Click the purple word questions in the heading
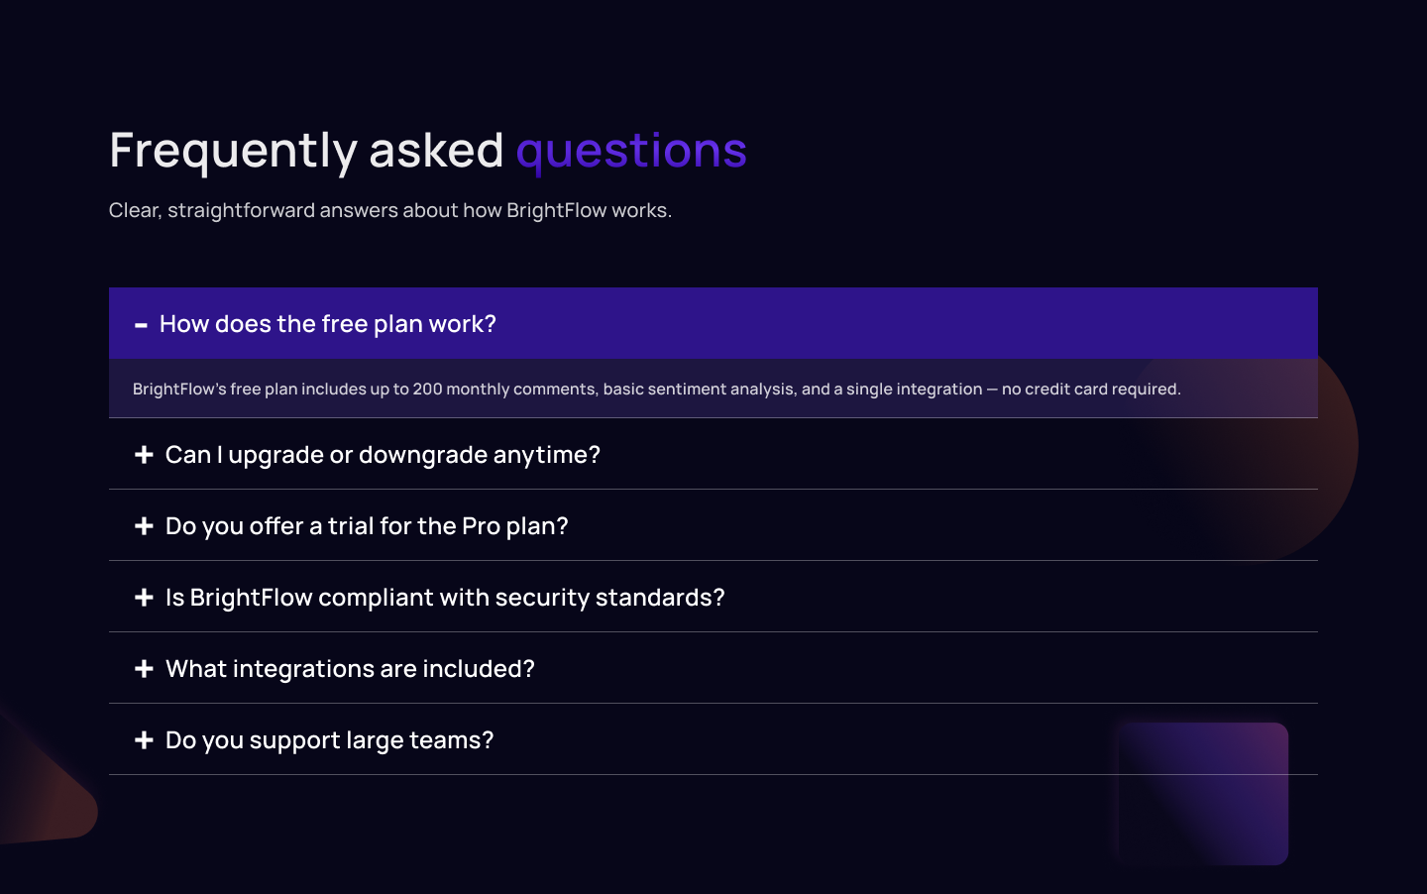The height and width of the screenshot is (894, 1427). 631,151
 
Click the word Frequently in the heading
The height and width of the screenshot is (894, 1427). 233,151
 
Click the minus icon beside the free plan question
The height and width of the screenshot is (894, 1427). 141,325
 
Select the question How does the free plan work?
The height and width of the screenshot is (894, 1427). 327,324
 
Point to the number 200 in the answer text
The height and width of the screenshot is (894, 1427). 427,389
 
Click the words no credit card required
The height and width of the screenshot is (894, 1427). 1091,389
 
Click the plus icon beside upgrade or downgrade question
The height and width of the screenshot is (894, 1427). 144,455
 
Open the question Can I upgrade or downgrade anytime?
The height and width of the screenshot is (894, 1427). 383,455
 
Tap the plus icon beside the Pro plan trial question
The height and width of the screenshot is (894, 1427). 144,526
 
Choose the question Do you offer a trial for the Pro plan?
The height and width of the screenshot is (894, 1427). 367,526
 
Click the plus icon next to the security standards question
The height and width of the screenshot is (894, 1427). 144,598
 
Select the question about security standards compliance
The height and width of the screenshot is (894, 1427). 445,598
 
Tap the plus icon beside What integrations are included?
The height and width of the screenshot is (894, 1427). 144,669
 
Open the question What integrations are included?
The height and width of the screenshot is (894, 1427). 350,669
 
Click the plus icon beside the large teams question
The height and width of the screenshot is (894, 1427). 144,740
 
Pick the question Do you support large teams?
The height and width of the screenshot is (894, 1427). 329,740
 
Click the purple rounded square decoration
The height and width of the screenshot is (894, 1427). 1203,793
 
